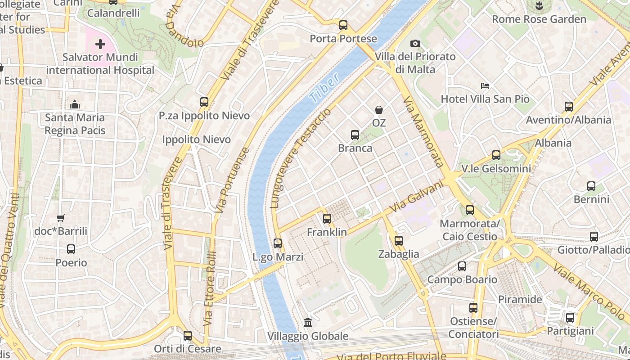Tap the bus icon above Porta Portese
click(x=343, y=25)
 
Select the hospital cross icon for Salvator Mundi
click(x=100, y=44)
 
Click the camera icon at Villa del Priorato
click(x=415, y=43)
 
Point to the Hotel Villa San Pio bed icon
click(x=485, y=85)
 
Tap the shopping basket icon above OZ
click(x=379, y=110)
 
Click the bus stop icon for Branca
click(x=355, y=135)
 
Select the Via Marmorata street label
click(x=423, y=131)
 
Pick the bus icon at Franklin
click(x=327, y=219)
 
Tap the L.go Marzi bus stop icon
click(x=278, y=243)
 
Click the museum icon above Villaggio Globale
click(x=308, y=322)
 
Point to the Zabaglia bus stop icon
click(x=398, y=240)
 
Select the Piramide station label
click(x=520, y=299)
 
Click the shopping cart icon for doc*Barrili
click(x=61, y=218)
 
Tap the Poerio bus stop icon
click(x=71, y=249)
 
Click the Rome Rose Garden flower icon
click(x=539, y=6)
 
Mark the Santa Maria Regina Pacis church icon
click(x=75, y=104)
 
